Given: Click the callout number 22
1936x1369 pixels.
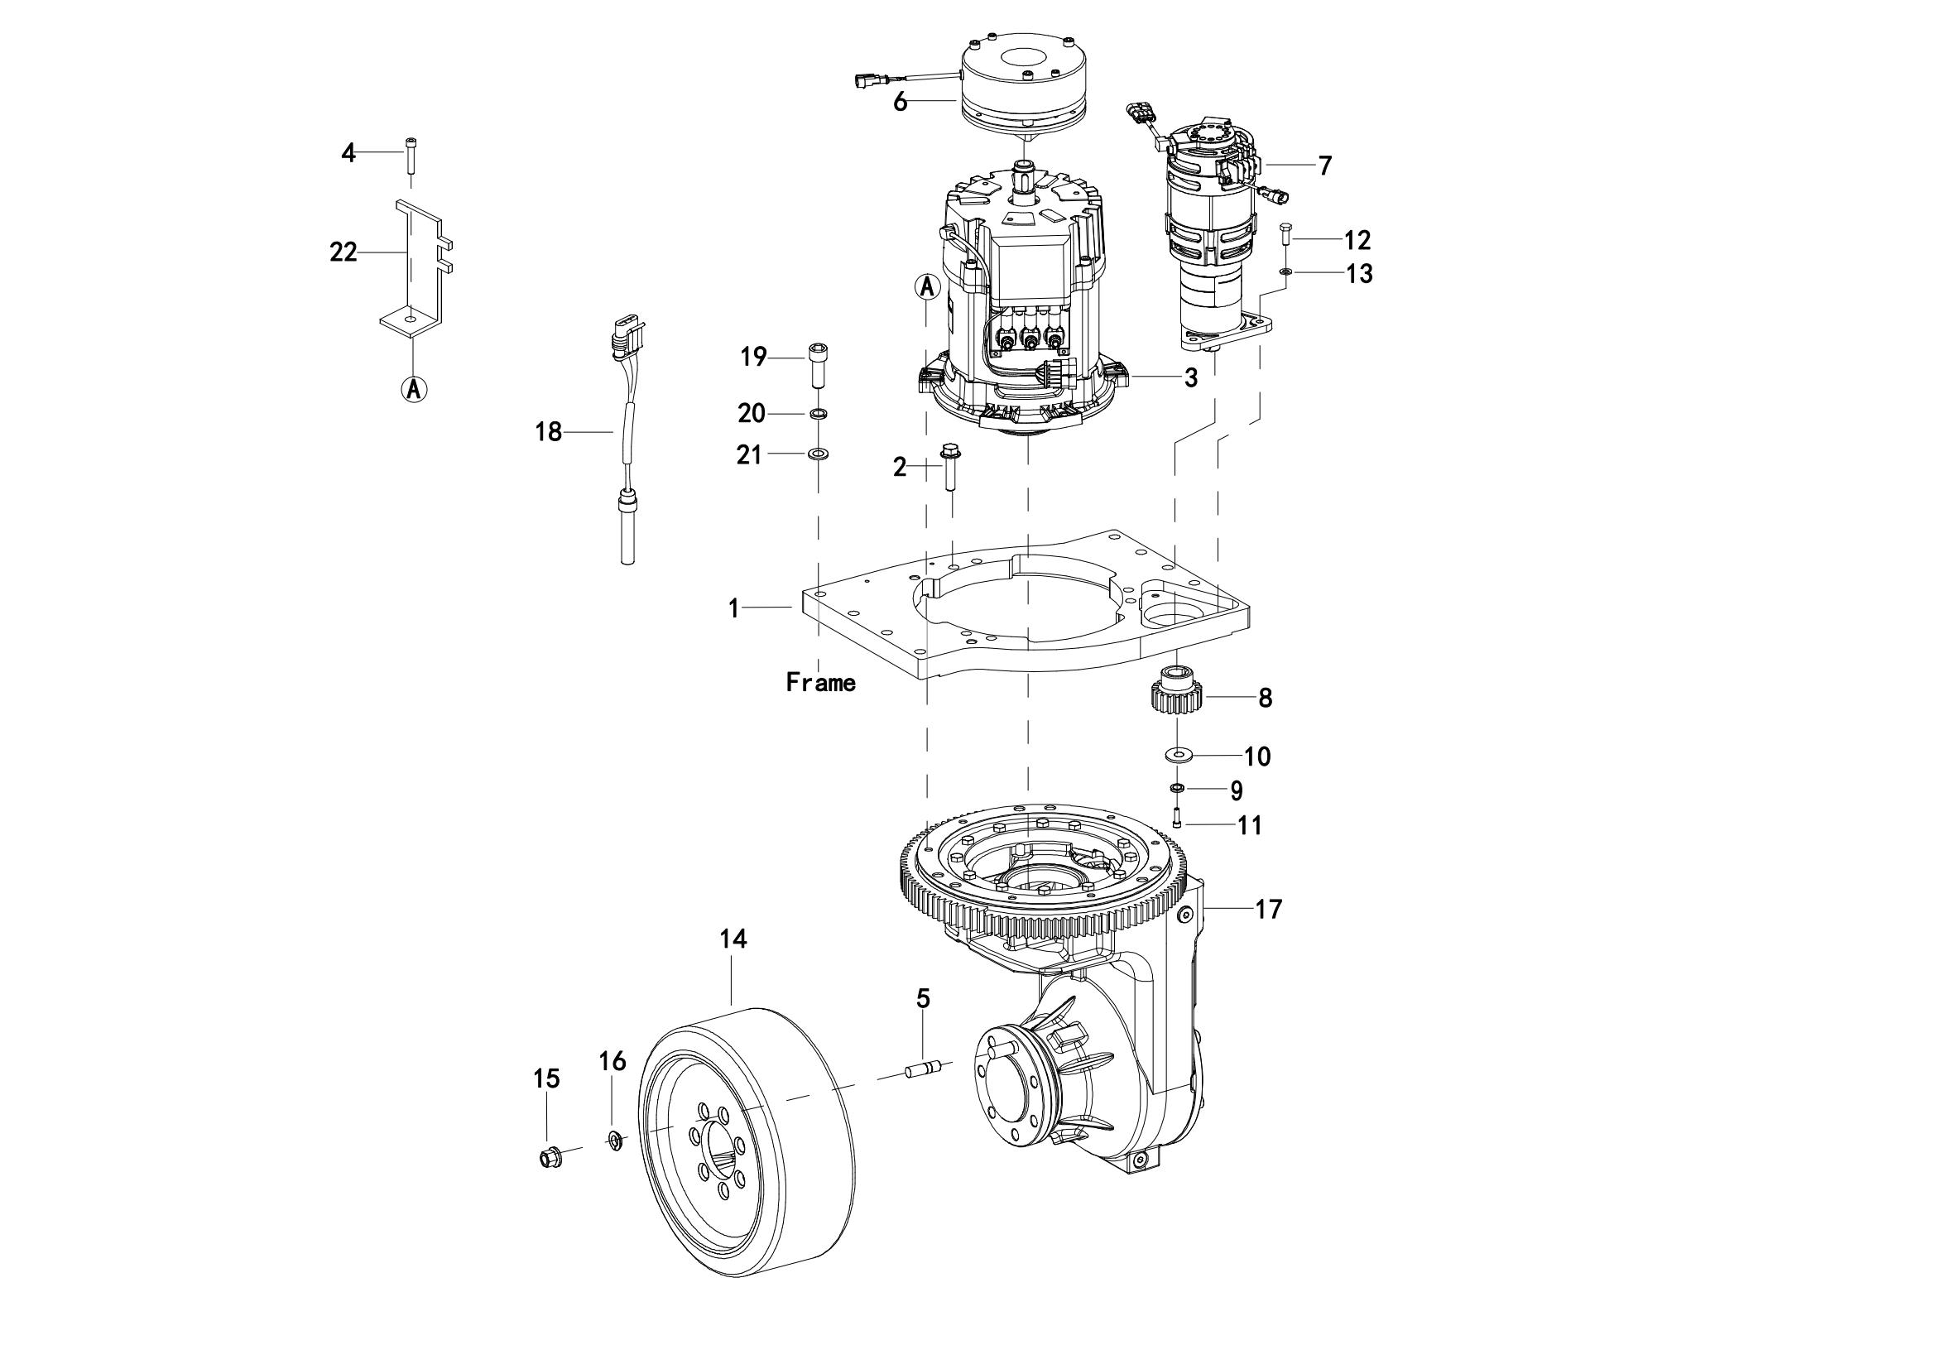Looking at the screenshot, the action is coord(343,252).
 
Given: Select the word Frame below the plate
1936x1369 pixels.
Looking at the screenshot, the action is coord(820,682).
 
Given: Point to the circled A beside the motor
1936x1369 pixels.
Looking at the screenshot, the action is coord(927,286).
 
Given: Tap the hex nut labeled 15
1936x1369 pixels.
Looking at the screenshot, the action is coord(550,1158).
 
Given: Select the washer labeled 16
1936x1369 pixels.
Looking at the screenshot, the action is coord(615,1141).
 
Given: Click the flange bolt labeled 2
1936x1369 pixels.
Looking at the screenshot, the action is coord(950,466).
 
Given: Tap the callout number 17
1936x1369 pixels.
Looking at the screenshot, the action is coord(1268,910).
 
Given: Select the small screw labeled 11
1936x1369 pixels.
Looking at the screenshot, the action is coord(1176,817).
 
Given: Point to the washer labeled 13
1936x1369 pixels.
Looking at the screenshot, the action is coord(1285,271).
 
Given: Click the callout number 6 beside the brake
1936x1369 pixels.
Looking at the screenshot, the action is coord(900,103).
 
